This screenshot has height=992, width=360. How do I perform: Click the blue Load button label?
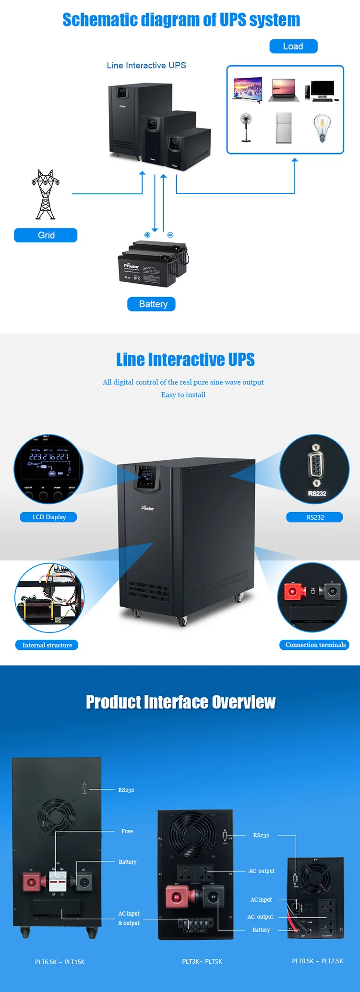[293, 46]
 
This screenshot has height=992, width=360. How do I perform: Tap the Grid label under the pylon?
[46, 235]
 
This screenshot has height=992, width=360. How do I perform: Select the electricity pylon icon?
[46, 194]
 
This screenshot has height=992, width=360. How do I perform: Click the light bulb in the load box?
[322, 128]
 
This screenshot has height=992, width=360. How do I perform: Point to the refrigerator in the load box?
[284, 128]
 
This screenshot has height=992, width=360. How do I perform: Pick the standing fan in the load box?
[246, 128]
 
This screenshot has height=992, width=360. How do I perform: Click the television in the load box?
[248, 89]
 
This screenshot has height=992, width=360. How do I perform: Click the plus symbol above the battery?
[147, 235]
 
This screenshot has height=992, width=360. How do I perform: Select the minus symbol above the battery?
[170, 235]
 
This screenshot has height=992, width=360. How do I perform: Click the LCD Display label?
[48, 517]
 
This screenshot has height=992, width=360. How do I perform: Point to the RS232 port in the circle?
[315, 465]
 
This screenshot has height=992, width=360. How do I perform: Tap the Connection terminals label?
[315, 645]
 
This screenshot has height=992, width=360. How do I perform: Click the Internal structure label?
[47, 645]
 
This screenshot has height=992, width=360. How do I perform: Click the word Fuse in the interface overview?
[127, 831]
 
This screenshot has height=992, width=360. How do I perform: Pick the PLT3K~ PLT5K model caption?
[202, 961]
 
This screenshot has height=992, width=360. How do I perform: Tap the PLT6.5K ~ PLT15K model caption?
[60, 962]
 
